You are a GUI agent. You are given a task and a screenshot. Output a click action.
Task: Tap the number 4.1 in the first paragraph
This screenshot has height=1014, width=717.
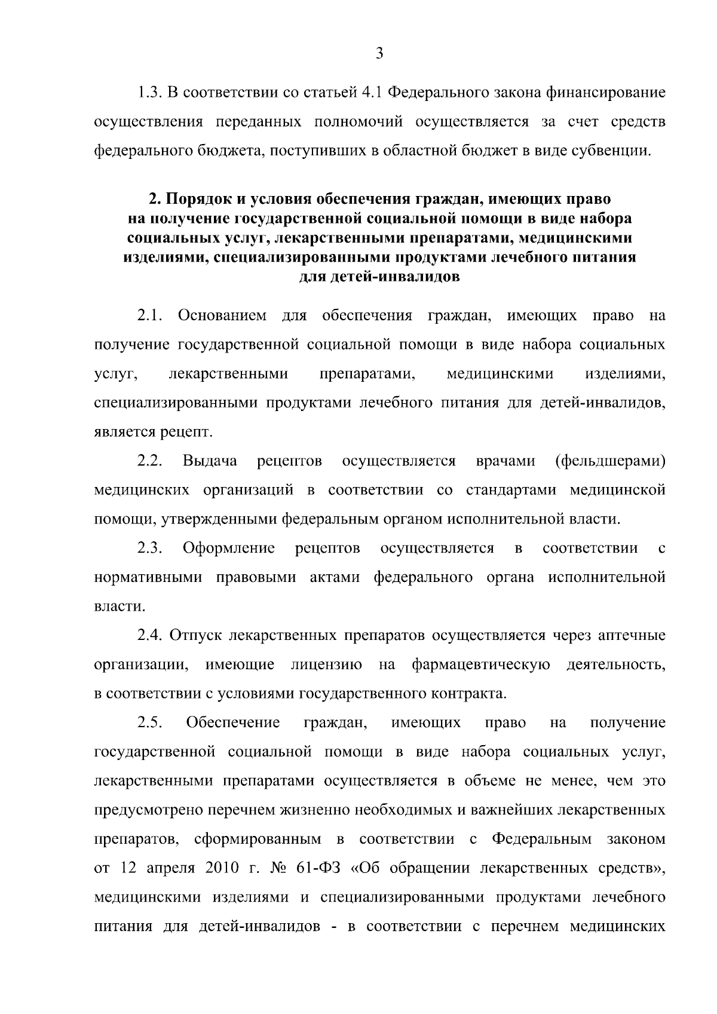[x=373, y=93]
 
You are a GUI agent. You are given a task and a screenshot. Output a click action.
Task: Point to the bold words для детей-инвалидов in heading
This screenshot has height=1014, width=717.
[x=379, y=277]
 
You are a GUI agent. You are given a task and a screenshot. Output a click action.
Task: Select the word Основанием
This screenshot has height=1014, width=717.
[x=222, y=315]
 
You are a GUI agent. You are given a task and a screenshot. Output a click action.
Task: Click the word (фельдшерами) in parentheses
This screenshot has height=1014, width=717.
[x=609, y=461]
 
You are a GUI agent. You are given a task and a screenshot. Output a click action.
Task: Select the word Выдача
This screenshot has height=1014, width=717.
[x=210, y=461]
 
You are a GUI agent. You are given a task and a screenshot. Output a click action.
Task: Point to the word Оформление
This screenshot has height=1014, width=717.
[x=229, y=549]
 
